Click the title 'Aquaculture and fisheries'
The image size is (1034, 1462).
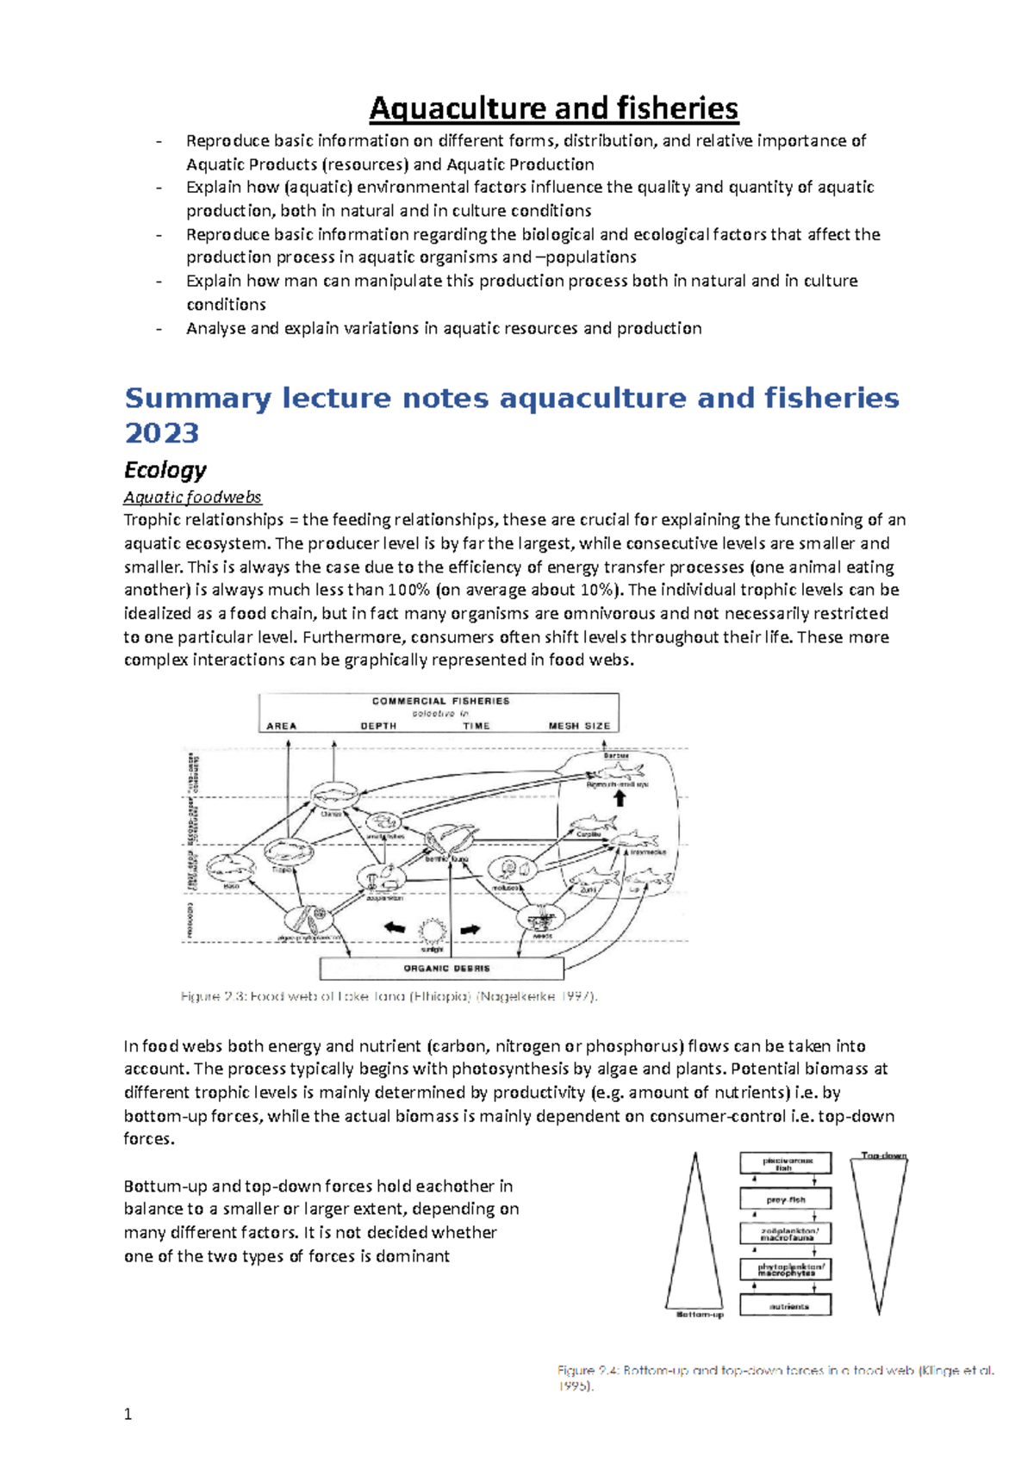click(553, 108)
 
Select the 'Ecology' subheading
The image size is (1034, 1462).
click(165, 470)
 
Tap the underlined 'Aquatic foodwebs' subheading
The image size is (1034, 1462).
click(192, 497)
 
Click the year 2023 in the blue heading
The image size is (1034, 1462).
click(161, 432)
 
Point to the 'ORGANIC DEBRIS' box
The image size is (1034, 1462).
click(442, 969)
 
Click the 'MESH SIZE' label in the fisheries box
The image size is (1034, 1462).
click(579, 726)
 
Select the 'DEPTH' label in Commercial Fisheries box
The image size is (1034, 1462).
click(378, 726)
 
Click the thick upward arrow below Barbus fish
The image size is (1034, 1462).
click(619, 797)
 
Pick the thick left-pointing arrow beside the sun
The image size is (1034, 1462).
click(394, 928)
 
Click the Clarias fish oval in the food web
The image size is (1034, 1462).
click(333, 796)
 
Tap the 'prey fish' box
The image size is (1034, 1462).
click(785, 1199)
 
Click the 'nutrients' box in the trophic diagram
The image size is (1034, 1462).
click(785, 1305)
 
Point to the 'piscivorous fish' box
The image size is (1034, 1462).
click(785, 1163)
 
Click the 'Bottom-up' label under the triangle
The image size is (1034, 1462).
click(699, 1315)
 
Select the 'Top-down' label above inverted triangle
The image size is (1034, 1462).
click(884, 1155)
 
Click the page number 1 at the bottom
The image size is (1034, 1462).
click(128, 1414)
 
